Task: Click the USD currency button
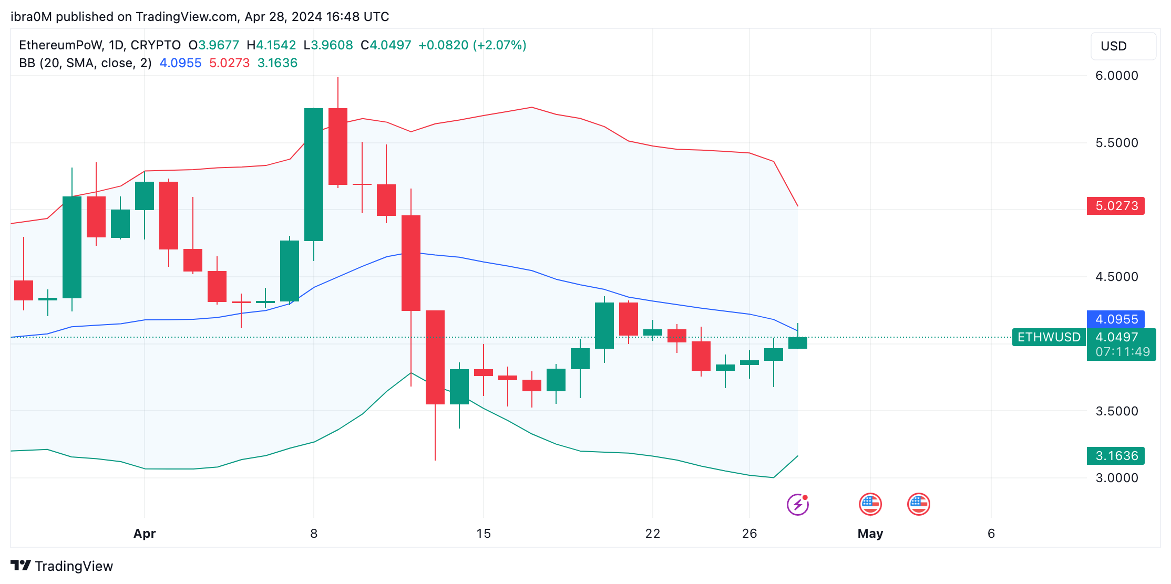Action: click(x=1123, y=46)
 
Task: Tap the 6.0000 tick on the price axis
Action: click(x=1116, y=76)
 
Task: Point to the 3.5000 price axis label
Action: click(x=1116, y=411)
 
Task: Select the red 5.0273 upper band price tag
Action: click(x=1115, y=206)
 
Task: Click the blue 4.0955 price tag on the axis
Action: click(x=1115, y=319)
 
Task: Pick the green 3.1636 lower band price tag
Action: click(x=1115, y=456)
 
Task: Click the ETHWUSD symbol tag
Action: click(x=1049, y=337)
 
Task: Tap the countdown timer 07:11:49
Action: click(x=1122, y=352)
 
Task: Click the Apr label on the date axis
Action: click(x=145, y=534)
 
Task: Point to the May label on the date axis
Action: click(x=870, y=534)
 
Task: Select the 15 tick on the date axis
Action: click(x=483, y=534)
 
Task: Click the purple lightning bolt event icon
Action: click(x=797, y=505)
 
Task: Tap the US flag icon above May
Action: click(x=870, y=504)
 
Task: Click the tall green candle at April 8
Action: click(x=314, y=174)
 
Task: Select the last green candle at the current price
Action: click(x=798, y=343)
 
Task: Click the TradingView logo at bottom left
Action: click(x=62, y=566)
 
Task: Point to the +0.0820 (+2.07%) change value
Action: click(x=472, y=45)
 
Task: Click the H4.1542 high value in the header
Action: click(x=271, y=45)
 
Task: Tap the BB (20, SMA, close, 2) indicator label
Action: click(x=85, y=63)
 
